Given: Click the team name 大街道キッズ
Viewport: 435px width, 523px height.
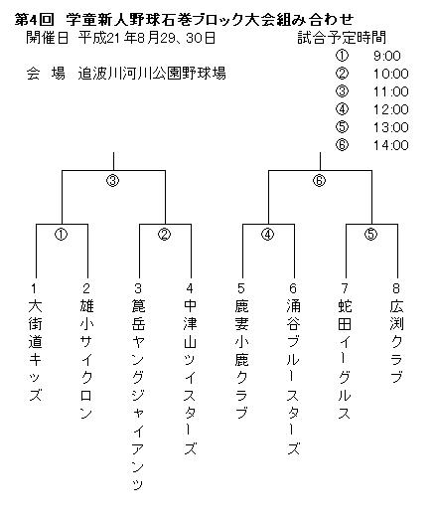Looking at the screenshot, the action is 35,350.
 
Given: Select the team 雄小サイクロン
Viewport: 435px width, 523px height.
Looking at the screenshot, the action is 86,359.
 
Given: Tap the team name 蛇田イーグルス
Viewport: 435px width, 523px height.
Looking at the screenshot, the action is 345,359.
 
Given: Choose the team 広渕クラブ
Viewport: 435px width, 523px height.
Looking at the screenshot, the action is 396,341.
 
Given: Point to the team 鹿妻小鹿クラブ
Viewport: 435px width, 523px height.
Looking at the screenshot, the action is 241,359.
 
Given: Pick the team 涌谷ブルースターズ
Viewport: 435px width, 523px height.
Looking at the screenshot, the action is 293,377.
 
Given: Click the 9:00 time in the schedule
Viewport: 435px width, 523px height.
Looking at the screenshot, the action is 386,56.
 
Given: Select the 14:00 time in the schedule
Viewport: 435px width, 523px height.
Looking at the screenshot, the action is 390,145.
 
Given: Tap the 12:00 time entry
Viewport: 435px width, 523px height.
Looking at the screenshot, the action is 390,109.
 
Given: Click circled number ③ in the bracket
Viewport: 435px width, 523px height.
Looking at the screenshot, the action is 113,181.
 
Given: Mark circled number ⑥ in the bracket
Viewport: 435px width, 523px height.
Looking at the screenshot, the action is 319,181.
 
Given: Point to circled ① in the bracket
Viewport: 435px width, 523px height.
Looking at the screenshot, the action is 62,235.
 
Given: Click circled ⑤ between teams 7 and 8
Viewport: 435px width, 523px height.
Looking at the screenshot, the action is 371,235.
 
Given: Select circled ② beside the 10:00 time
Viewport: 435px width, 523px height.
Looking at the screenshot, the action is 342,74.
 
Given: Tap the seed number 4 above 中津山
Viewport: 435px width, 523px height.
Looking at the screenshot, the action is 190,288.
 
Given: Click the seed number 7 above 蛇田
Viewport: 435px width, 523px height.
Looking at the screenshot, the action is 345,288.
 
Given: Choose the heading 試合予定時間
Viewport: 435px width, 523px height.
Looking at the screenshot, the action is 342,38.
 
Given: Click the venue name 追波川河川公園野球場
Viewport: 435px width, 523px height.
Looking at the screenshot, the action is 152,74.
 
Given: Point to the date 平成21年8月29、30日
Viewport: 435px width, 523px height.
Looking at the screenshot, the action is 147,38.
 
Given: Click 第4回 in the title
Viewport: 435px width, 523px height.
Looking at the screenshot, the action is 34,20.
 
